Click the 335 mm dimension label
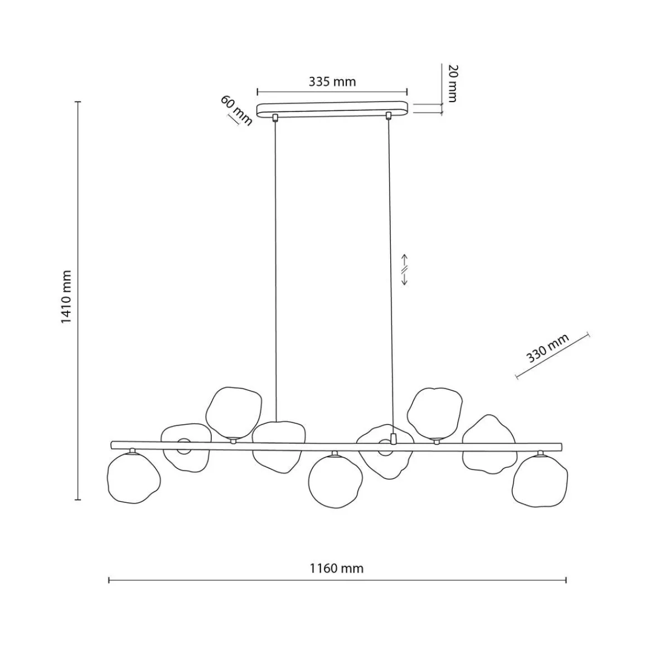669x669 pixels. (x=332, y=82)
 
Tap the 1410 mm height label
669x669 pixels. (x=66, y=297)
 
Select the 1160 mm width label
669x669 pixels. (x=336, y=568)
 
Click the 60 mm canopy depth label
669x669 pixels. (x=236, y=110)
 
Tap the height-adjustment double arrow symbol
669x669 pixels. (x=404, y=270)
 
